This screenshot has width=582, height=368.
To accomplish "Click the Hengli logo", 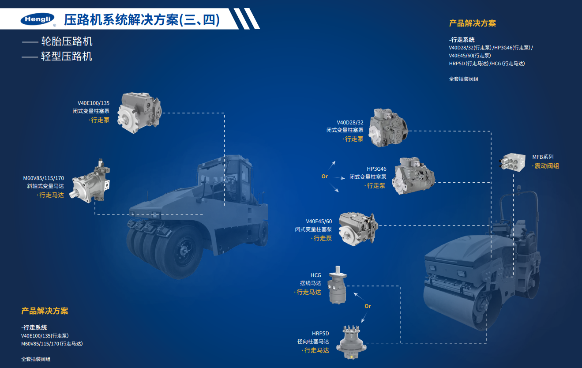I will (38, 19).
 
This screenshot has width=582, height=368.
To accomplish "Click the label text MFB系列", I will (542, 157).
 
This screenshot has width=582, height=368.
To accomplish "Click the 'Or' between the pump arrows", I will (325, 176).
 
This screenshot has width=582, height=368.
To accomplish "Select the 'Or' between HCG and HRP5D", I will (368, 306).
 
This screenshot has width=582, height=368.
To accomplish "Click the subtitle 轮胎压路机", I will (67, 42).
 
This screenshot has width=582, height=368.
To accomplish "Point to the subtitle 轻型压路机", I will (67, 56).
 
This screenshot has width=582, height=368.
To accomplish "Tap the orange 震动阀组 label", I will (546, 166).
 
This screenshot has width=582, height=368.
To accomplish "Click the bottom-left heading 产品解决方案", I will (45, 311).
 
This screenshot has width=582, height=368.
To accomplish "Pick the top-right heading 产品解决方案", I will (472, 23).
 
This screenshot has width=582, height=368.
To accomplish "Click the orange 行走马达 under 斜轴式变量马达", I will (51, 195).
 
